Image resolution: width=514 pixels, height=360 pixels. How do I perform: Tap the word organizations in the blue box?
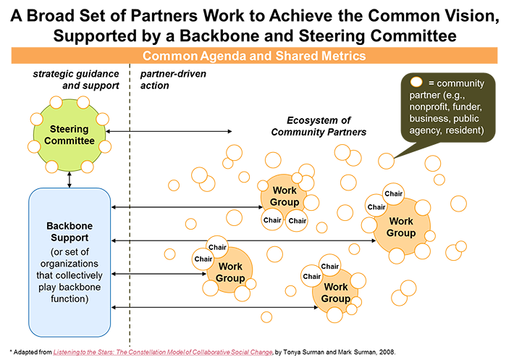70,264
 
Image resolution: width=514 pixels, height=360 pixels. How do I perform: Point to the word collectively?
69,275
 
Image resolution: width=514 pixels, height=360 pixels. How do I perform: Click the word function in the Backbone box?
69,298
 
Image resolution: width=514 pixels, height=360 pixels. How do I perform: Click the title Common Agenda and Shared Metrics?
253,56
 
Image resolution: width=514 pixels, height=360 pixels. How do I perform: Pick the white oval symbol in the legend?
417,83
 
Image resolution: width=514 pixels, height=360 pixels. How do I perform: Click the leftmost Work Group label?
230,272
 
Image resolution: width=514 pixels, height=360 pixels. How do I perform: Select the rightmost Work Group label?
401,227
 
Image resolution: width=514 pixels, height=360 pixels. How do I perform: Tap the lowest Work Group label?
335,293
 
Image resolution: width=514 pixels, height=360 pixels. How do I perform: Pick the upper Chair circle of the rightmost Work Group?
393,193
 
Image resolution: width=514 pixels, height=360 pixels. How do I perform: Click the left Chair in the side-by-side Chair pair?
272,220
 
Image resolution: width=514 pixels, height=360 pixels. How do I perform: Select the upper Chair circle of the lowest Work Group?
330,267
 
